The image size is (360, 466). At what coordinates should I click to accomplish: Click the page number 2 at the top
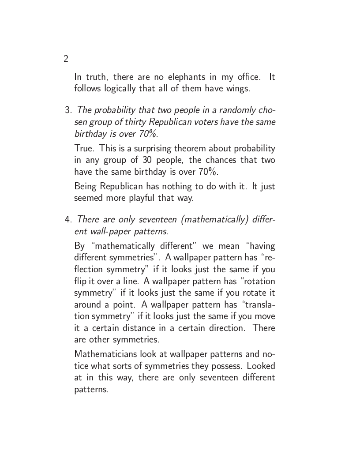click(66, 59)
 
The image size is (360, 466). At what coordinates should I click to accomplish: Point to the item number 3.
click(68, 110)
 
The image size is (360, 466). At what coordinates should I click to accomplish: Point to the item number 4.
click(68, 219)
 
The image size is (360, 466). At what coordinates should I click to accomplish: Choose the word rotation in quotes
click(257, 281)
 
